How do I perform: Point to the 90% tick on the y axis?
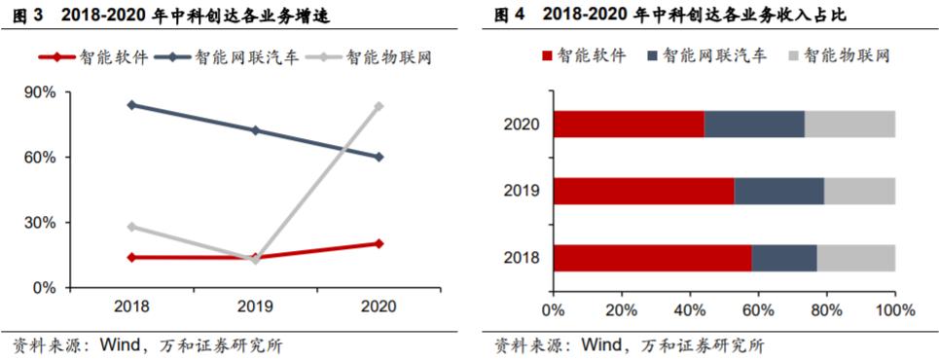point(45,92)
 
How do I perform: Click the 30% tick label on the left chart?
point(45,223)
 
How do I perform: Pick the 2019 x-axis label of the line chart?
point(255,307)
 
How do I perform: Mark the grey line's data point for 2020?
point(379,106)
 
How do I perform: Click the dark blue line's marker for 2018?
point(131,105)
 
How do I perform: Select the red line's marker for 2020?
point(379,243)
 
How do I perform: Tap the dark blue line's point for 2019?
point(255,130)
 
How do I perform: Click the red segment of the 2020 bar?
point(629,125)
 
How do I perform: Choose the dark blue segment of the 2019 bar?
point(778,192)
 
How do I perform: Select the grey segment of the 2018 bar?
point(855,258)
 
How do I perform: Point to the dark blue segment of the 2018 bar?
point(784,258)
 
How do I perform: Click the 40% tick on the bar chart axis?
point(689,310)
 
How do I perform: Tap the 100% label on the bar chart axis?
point(895,310)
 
